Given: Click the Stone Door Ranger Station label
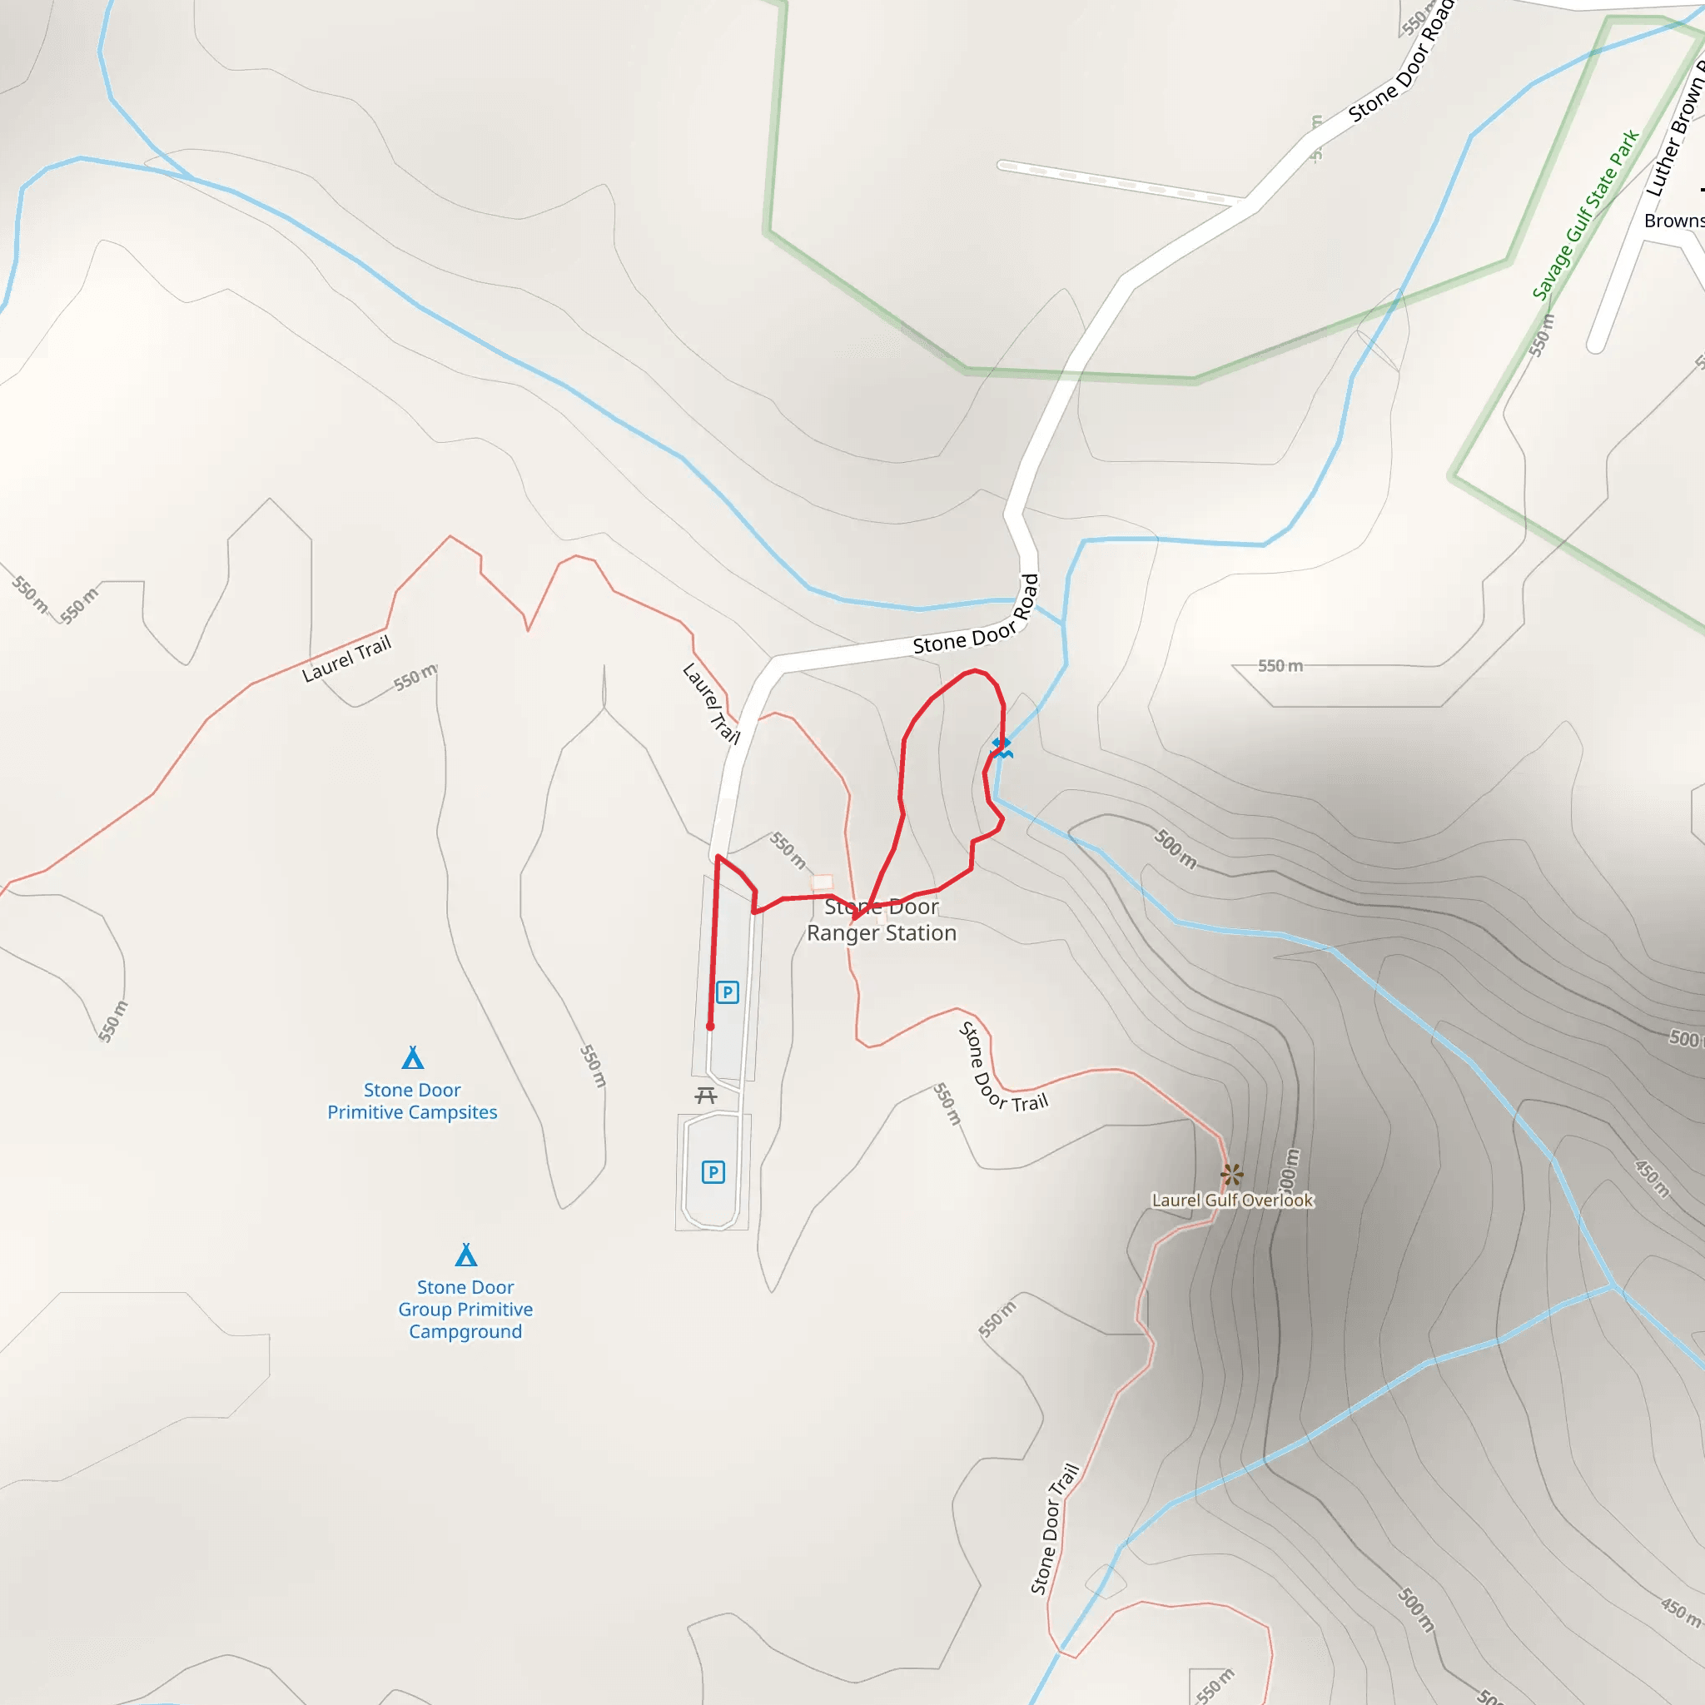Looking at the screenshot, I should [x=881, y=920].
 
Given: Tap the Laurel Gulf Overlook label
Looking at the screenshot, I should [x=1232, y=1200].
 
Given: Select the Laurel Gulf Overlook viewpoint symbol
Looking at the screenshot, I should [x=1231, y=1175].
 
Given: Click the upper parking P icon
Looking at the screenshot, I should [x=727, y=992].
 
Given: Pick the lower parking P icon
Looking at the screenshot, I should [x=713, y=1172].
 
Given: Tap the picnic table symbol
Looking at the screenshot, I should [x=705, y=1096].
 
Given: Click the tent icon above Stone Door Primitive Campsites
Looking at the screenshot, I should [x=413, y=1057].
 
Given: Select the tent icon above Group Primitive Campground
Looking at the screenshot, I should [x=466, y=1254].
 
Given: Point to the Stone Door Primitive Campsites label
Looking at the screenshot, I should [x=412, y=1101].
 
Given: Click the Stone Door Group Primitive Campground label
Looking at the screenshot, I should [x=465, y=1309].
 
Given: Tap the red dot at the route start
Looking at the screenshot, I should [x=710, y=1026].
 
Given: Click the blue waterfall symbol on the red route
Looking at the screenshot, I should [x=1001, y=748].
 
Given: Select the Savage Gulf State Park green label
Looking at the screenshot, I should [x=1585, y=215].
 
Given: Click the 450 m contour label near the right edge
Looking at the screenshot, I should [x=1651, y=1179].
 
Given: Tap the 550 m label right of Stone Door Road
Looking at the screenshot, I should [x=1280, y=665].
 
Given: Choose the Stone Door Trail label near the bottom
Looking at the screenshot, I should [x=1055, y=1529].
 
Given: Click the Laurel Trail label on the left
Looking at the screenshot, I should [x=346, y=659].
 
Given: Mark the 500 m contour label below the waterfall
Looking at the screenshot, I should [x=1176, y=849].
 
